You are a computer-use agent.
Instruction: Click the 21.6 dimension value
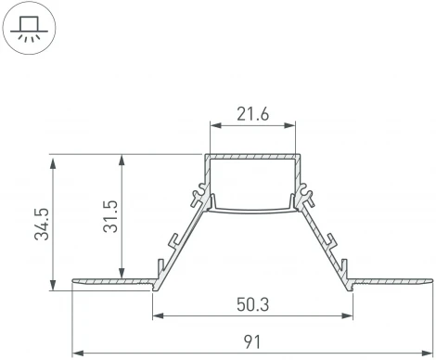251,114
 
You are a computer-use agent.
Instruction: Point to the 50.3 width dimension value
251,303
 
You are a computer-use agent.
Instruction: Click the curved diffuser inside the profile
251,210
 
